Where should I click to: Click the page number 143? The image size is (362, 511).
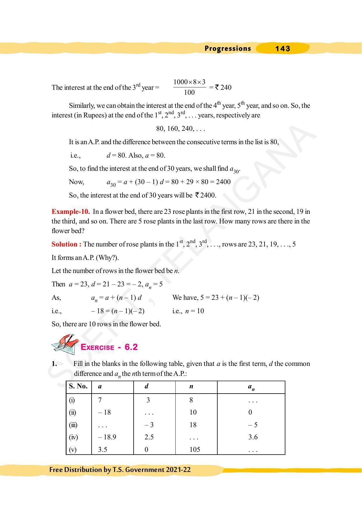pos(282,49)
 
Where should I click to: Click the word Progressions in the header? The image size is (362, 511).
pos(228,49)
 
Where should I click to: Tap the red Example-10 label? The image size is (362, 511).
pos(71,212)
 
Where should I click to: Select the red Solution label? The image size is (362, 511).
pos(66,244)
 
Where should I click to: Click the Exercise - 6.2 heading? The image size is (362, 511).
pos(109,347)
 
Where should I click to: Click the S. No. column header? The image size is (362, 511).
pos(78,386)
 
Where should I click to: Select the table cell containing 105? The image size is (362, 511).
pos(195,450)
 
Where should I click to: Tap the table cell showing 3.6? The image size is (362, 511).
pos(253,437)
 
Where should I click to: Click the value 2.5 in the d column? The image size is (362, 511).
pos(149,437)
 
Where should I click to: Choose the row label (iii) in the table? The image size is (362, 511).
pos(73,425)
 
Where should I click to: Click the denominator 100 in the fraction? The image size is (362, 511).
pos(189,93)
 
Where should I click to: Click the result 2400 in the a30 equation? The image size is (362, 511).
pos(223,182)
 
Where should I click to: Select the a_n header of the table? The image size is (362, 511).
pos(251,387)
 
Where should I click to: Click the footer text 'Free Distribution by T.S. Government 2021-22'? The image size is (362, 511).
pos(120,470)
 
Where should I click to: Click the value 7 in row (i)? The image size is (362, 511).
pos(100,400)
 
